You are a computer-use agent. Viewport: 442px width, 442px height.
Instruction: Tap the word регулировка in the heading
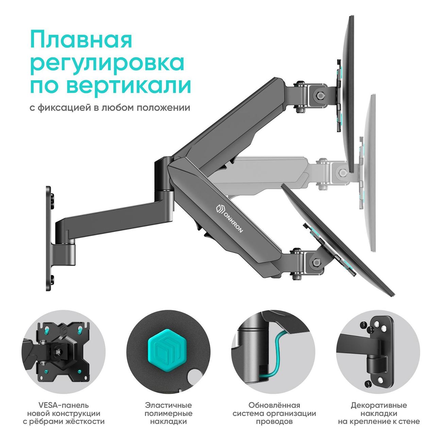(x=107, y=64)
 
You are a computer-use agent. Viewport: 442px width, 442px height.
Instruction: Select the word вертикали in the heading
(x=129, y=86)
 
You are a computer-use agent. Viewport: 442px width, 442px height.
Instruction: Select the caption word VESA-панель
(x=64, y=405)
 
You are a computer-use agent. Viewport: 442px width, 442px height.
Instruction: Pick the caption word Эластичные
(x=168, y=405)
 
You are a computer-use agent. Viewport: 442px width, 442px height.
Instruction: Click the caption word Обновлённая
(x=274, y=405)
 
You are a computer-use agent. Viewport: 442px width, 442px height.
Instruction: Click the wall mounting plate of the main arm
(x=49, y=239)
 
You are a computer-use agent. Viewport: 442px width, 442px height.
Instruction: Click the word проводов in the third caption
(x=274, y=422)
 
